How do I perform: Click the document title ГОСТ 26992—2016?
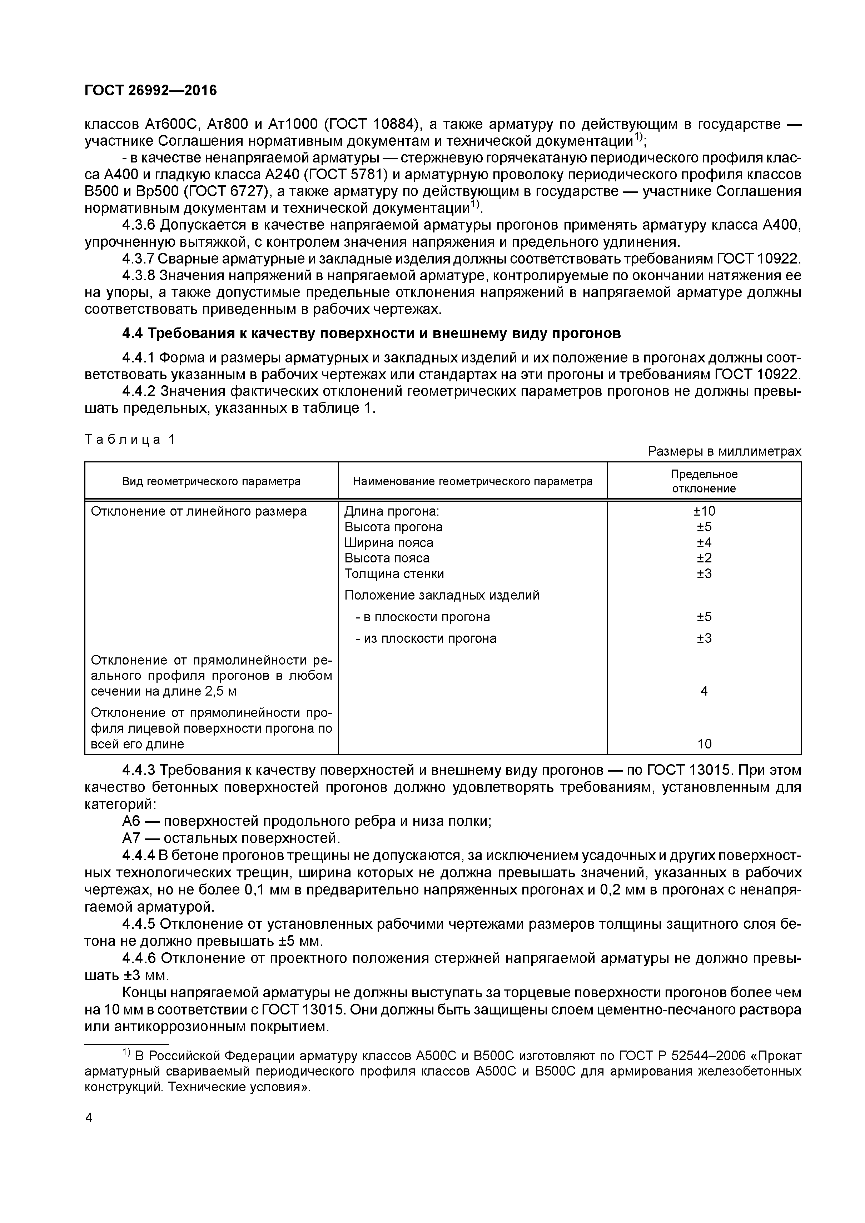point(151,91)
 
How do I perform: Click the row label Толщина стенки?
point(394,574)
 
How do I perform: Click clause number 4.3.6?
point(140,225)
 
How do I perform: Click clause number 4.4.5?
point(140,924)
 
